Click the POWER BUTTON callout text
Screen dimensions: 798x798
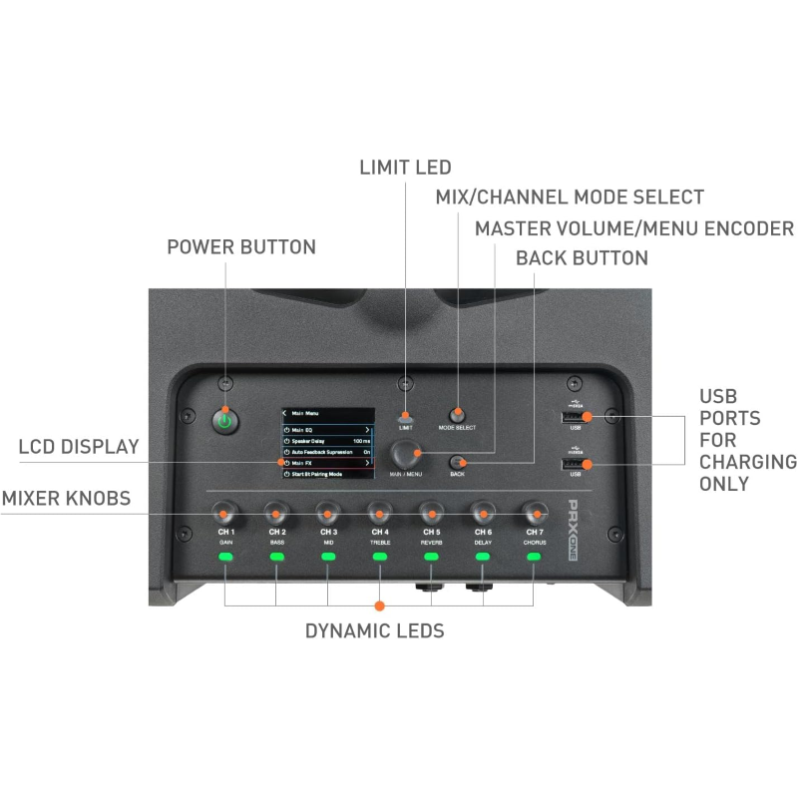(x=240, y=246)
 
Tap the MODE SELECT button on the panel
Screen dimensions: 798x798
(x=458, y=413)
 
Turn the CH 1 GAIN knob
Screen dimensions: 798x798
(x=225, y=515)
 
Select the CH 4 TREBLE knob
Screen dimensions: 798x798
(x=379, y=515)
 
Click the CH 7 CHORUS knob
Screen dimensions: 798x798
(x=534, y=515)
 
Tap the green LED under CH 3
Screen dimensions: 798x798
(x=328, y=557)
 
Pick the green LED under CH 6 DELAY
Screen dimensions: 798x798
(x=483, y=557)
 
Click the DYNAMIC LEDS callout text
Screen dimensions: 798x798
(x=374, y=631)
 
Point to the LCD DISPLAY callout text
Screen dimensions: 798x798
(x=79, y=447)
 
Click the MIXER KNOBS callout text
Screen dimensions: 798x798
(x=66, y=498)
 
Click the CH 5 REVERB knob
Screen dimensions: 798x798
(x=431, y=515)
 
